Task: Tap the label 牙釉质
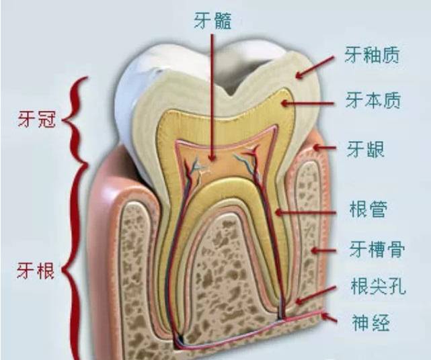(372, 54)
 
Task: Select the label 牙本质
(372, 101)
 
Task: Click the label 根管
(368, 209)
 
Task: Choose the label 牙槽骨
(376, 250)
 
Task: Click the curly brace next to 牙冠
(80, 121)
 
